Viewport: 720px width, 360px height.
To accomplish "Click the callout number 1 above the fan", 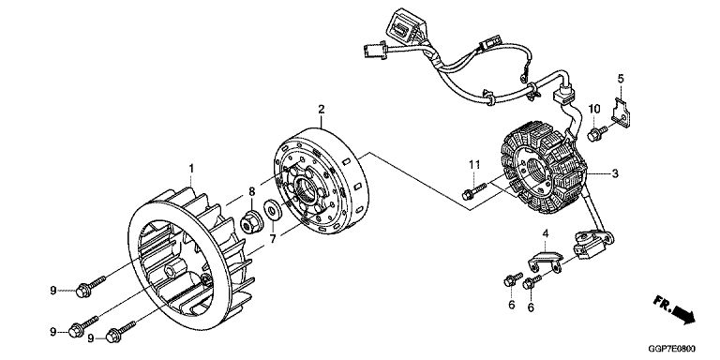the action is tap(191, 169).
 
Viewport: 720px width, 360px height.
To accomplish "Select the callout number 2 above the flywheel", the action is tap(322, 110).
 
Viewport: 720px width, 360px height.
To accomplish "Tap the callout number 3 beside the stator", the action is tap(615, 173).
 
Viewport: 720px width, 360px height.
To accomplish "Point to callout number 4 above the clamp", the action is tap(546, 233).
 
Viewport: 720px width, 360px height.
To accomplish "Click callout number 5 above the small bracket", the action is tap(621, 79).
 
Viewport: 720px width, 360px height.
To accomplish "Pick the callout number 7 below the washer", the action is tap(273, 239).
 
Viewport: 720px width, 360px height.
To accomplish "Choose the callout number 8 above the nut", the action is tap(251, 191).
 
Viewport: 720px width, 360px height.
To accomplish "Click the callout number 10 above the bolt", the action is tap(594, 109).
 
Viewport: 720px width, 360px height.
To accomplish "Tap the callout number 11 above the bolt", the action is tap(474, 164).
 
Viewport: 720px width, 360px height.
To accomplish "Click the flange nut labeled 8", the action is tap(251, 222).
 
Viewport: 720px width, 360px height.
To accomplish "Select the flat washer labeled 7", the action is tap(273, 211).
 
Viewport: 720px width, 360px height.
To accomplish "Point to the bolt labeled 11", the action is tap(473, 192).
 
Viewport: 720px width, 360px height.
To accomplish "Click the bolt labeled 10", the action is tap(597, 133).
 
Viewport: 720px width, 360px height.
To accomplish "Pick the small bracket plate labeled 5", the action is tap(621, 112).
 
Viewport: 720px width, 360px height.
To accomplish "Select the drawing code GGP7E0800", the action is tap(672, 349).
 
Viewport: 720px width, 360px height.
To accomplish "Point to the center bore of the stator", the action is tap(536, 170).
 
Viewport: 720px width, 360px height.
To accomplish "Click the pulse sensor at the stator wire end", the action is tap(593, 244).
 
